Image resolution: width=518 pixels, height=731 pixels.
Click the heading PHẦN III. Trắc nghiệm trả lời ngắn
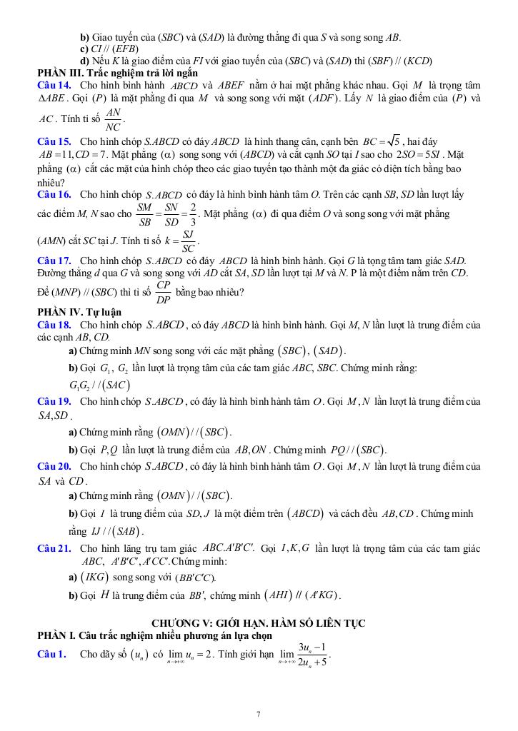pyautogui.click(x=118, y=73)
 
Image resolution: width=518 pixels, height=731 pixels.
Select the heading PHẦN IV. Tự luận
pyautogui.click(x=79, y=312)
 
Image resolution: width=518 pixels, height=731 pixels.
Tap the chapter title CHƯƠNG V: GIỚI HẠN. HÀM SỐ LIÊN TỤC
pyautogui.click(x=259, y=623)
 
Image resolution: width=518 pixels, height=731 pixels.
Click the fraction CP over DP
pyautogui.click(x=164, y=292)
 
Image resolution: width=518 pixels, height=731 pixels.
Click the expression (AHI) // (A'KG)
pyautogui.click(x=302, y=595)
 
